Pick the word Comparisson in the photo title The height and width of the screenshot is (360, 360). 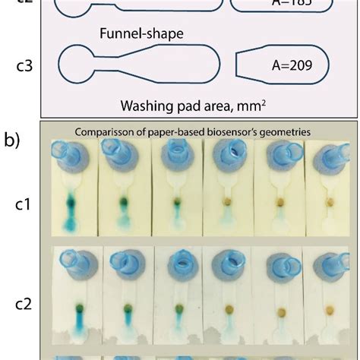pos(104,131)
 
